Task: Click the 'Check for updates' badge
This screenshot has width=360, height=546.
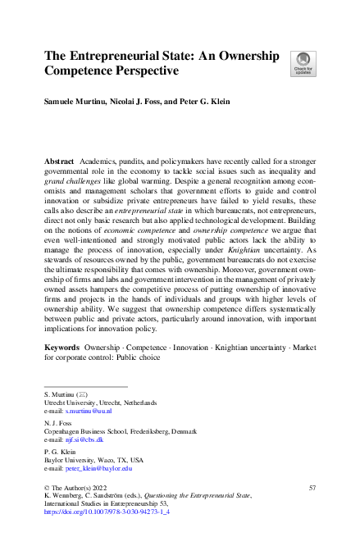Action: [x=303, y=63]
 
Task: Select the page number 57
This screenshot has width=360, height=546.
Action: [x=312, y=488]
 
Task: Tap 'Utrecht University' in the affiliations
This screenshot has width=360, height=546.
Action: [x=70, y=403]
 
